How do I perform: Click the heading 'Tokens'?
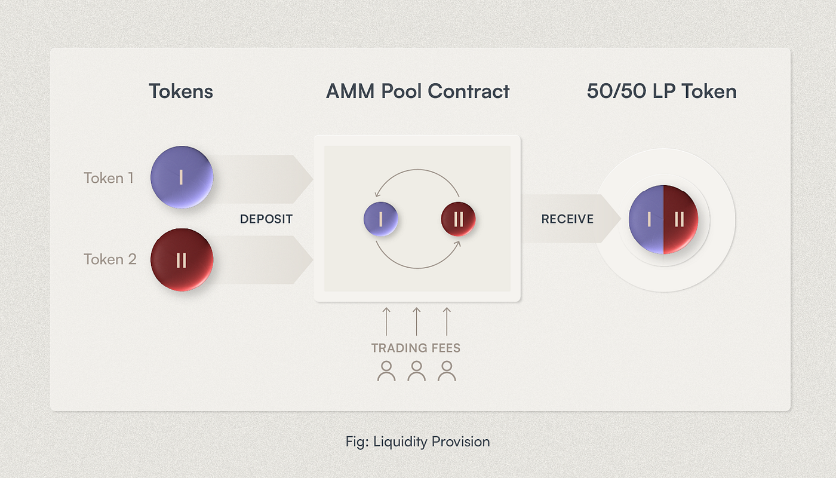click(181, 91)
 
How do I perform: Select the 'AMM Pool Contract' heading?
click(417, 91)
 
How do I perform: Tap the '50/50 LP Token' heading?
click(662, 91)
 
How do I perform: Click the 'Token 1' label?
click(109, 178)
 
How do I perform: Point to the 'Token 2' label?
click(110, 259)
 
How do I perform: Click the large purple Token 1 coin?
click(182, 177)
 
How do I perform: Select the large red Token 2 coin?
click(182, 260)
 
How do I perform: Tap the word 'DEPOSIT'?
click(266, 219)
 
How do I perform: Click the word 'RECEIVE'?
click(567, 219)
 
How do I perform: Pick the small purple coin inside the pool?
click(380, 219)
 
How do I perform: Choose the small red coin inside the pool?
click(458, 219)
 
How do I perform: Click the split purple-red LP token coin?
click(663, 220)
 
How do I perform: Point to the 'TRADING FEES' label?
click(416, 348)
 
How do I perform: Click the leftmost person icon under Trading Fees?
click(386, 371)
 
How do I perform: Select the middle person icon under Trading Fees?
click(416, 371)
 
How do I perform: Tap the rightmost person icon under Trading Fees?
click(446, 371)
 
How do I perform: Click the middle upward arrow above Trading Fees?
click(416, 321)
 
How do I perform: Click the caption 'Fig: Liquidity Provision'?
click(417, 442)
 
